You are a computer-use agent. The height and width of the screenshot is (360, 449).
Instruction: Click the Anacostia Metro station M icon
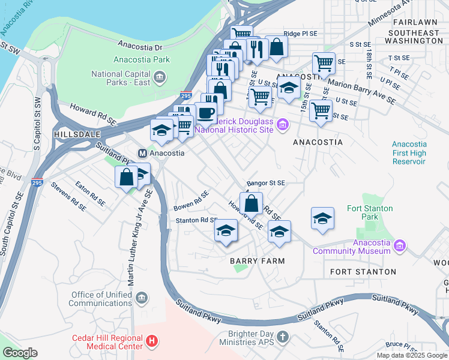tap(142, 152)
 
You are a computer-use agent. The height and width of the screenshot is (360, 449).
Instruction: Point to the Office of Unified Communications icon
tap(141, 298)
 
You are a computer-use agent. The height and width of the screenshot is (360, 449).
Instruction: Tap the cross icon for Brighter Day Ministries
tap(285, 338)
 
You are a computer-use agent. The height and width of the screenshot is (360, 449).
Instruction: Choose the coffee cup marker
tap(206, 112)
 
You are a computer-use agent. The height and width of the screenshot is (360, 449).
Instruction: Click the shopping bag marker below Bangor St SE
tap(252, 203)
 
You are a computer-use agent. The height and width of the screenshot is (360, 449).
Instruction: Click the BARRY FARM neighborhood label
tap(257, 261)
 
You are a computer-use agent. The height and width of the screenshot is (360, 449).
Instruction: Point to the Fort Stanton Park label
tap(370, 212)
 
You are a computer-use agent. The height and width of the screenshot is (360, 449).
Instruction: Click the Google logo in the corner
tap(20, 353)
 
